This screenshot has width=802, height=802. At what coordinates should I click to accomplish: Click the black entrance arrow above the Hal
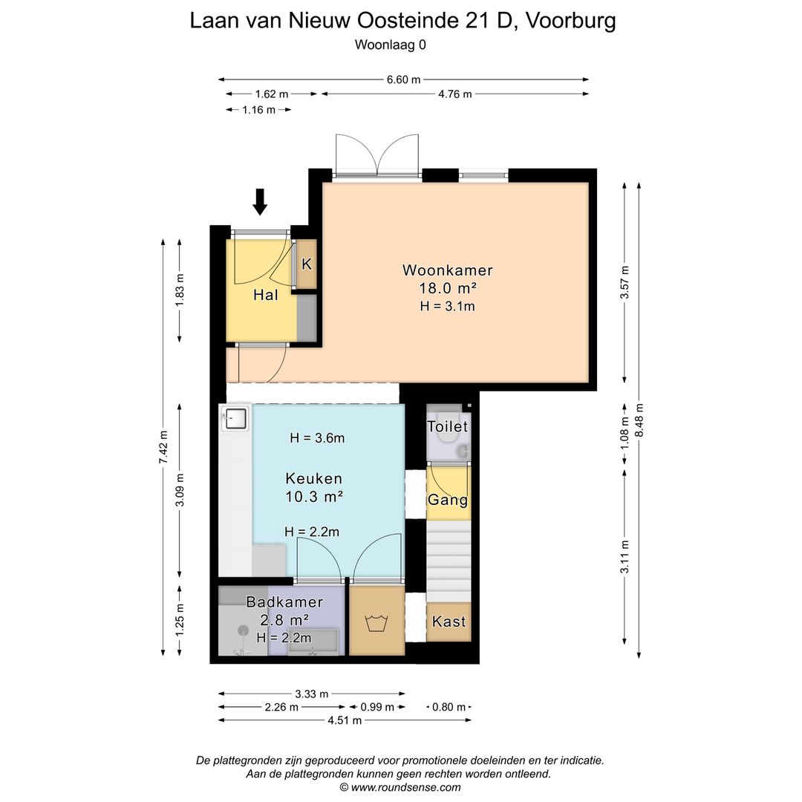(x=259, y=201)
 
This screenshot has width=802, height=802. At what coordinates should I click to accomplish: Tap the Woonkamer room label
(x=447, y=270)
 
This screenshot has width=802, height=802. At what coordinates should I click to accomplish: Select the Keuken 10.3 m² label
(x=313, y=487)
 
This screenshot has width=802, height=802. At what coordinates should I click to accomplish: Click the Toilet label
(x=448, y=427)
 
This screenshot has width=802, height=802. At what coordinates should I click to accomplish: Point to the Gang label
(x=448, y=500)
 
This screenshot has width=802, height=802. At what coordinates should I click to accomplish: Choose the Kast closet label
(x=449, y=621)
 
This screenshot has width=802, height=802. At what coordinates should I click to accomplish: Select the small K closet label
(x=307, y=264)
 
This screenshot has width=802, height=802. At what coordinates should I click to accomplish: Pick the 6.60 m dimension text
(x=403, y=79)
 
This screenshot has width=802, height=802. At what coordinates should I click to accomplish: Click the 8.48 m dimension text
(x=639, y=420)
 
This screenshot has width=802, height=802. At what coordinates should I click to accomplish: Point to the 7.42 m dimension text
(x=163, y=446)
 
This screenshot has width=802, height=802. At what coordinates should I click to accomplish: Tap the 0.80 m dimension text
(x=449, y=707)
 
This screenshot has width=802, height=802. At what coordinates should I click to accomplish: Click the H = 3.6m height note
(x=317, y=438)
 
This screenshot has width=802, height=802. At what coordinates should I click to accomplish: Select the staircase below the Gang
(x=449, y=561)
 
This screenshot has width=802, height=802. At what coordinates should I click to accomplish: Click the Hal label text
(x=265, y=295)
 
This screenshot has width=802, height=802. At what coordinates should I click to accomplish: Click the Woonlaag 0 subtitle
(x=391, y=45)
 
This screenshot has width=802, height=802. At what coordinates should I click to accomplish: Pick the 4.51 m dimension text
(x=344, y=720)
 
